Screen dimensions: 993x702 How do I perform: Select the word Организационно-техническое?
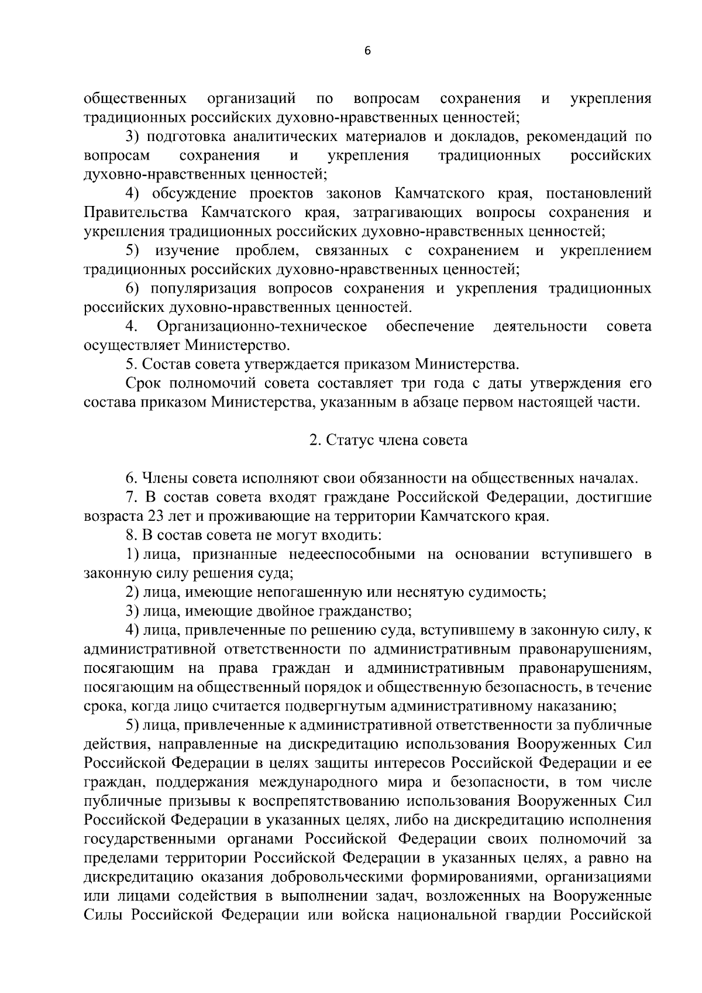pyautogui.click(x=262, y=326)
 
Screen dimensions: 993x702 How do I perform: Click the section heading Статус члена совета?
pyautogui.click(x=388, y=440)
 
